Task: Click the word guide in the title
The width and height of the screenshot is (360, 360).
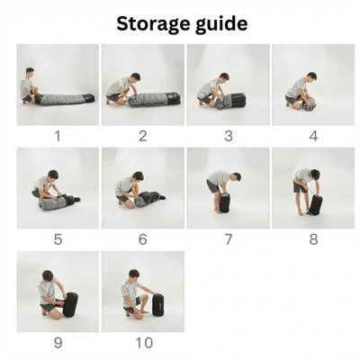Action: pos(221,23)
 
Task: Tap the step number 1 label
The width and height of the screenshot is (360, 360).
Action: pos(58,136)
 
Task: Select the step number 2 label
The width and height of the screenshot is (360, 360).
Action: pos(143,136)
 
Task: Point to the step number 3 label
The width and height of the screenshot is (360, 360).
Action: pos(229,136)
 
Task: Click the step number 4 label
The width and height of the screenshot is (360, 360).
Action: pos(313,136)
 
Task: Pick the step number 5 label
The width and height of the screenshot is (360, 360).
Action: pos(58,239)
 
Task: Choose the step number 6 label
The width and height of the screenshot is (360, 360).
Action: pos(143,239)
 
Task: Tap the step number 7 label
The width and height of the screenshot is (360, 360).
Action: pos(229,239)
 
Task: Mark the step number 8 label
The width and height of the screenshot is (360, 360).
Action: pos(313,239)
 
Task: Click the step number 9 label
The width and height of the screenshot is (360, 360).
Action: pos(58,343)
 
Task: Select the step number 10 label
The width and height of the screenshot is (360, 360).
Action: pos(144,343)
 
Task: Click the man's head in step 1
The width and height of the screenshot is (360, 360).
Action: pos(30,73)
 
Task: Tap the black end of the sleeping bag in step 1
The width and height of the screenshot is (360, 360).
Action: pos(89,97)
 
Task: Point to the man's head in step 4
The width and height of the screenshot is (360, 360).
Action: pos(311,76)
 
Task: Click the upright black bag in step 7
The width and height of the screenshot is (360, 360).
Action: pos(225,202)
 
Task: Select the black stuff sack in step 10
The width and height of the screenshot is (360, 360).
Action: pos(158,305)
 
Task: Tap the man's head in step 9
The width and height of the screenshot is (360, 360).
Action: pos(48,275)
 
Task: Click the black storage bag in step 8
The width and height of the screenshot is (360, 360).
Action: pos(315,204)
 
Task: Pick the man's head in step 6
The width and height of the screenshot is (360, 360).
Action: pos(138,176)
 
